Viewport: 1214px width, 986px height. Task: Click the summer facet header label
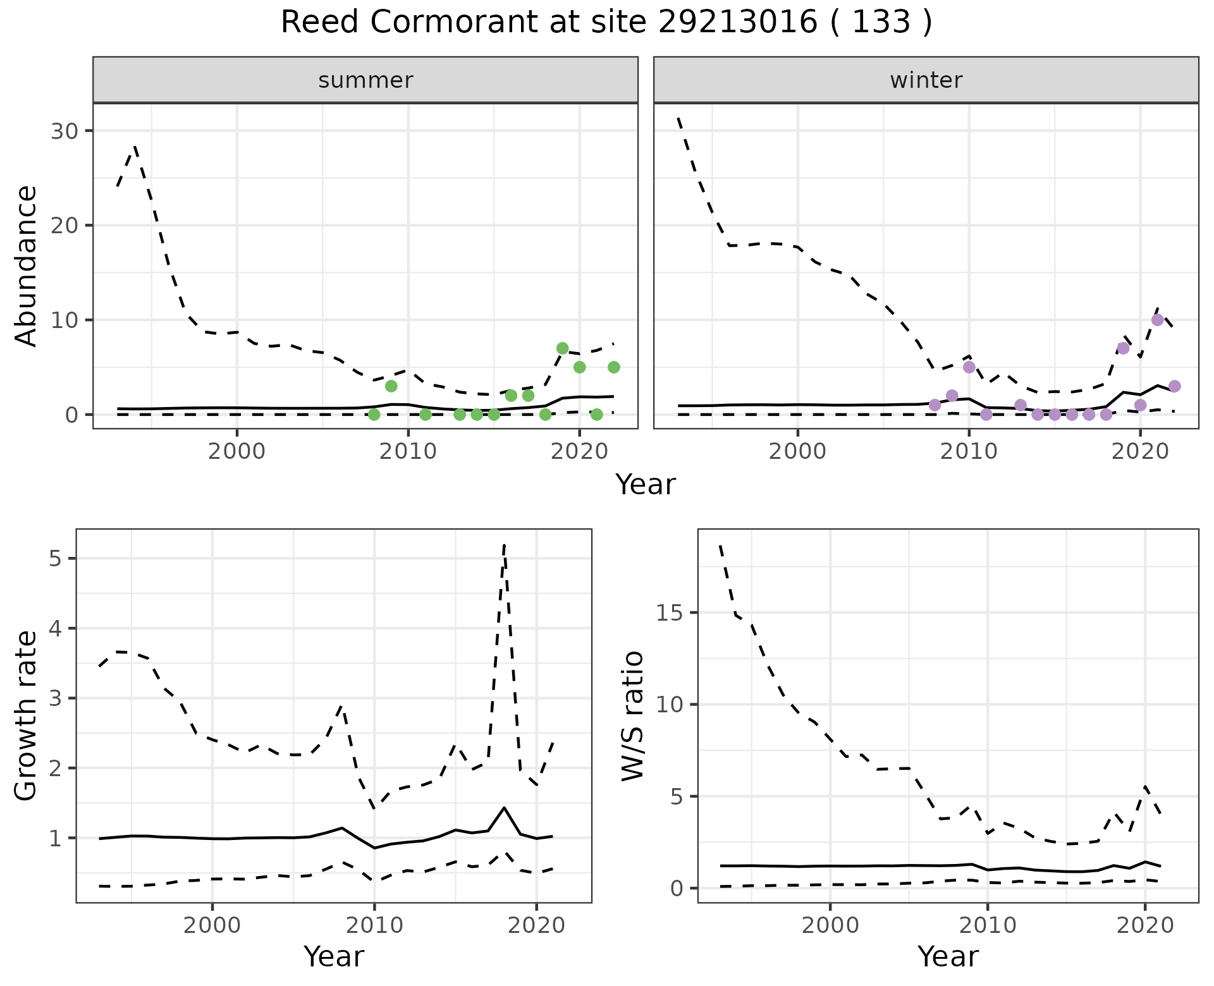click(x=365, y=80)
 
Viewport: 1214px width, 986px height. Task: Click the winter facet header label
click(x=926, y=80)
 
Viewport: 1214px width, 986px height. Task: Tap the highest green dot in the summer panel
click(x=562, y=348)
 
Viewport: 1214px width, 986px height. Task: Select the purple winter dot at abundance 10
click(x=1157, y=320)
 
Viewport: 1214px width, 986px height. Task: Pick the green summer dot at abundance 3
click(x=391, y=386)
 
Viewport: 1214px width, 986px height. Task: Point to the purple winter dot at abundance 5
click(x=969, y=367)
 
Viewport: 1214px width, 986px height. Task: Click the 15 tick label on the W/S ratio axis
click(x=670, y=613)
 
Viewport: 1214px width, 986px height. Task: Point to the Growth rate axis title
click(x=25, y=715)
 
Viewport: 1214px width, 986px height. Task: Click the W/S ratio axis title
click(x=632, y=715)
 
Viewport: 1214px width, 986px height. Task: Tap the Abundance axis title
click(x=25, y=265)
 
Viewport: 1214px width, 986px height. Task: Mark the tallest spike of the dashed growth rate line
click(x=504, y=545)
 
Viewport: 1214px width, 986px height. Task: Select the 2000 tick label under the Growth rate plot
click(x=212, y=925)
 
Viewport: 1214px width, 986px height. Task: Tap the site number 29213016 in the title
click(x=737, y=23)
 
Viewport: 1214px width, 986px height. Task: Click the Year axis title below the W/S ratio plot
click(x=948, y=956)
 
